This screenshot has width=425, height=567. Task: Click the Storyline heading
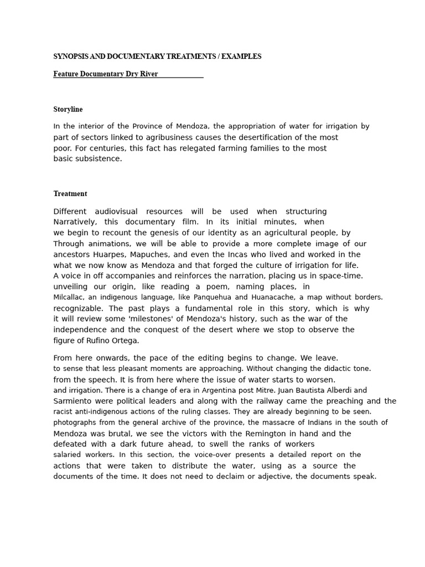pyautogui.click(x=68, y=110)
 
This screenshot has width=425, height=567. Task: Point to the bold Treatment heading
pyautogui.click(x=70, y=194)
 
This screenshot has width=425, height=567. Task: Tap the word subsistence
pyautogui.click(x=101, y=159)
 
